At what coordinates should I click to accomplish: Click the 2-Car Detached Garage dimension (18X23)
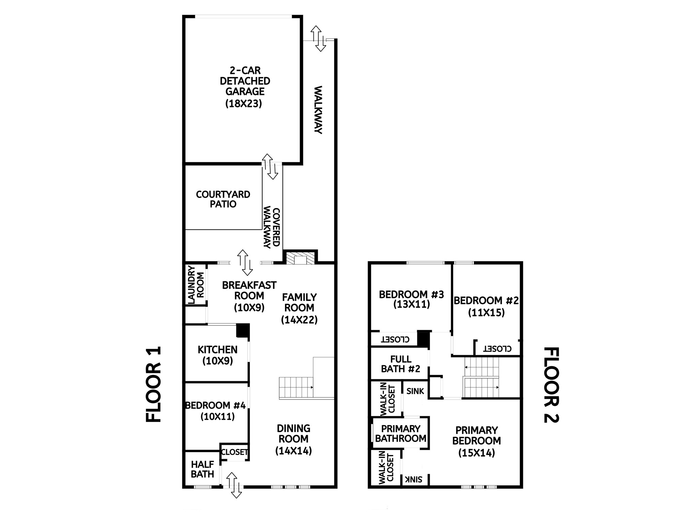243,103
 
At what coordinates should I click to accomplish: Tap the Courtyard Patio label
223,199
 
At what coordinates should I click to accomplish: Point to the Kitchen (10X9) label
217,355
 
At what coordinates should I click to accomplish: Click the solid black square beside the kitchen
243,330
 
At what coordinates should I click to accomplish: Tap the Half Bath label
202,470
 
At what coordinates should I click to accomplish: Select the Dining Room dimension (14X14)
293,451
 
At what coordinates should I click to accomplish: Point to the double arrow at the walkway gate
318,38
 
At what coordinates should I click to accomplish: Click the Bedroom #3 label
411,295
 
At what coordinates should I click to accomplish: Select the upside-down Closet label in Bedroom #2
497,349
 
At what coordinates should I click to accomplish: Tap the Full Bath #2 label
400,364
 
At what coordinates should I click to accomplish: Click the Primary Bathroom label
400,434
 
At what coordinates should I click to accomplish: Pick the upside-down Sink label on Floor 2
414,479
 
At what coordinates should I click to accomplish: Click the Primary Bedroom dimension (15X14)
476,453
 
